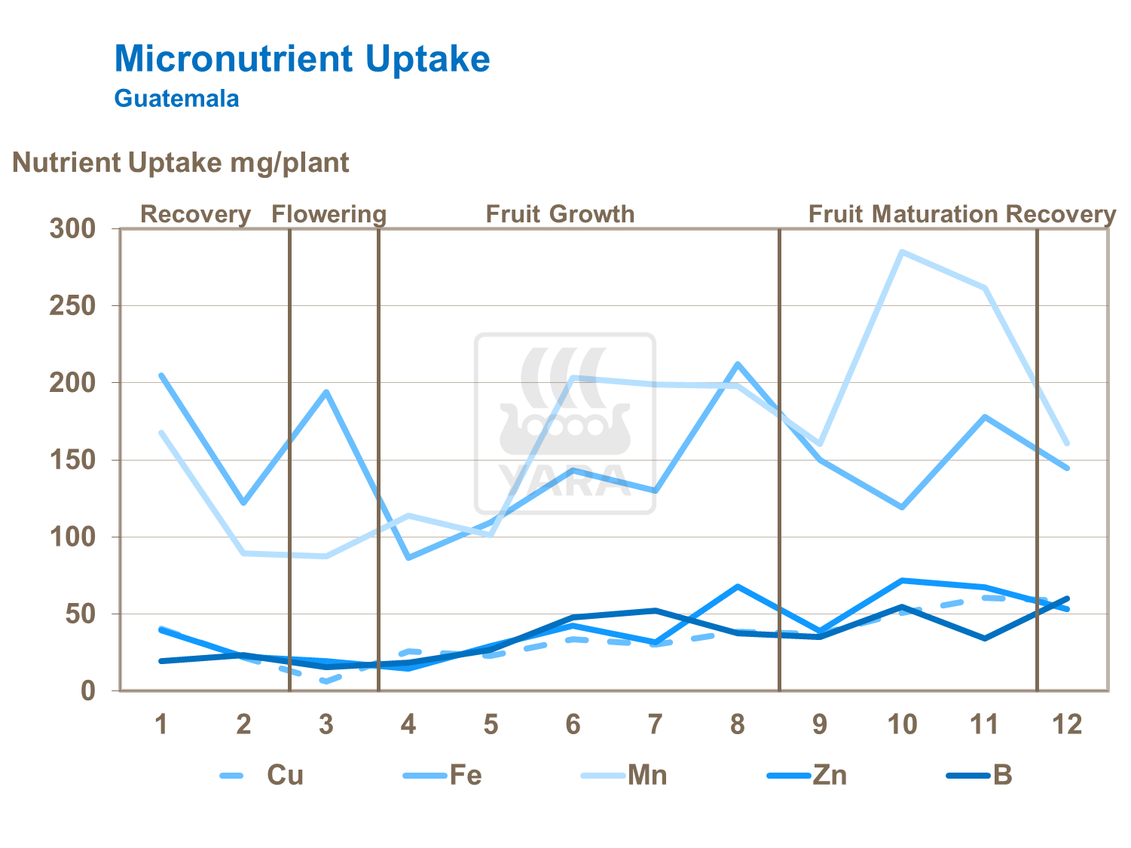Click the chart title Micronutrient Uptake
(302, 59)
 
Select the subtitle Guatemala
(176, 99)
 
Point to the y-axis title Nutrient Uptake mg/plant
(180, 163)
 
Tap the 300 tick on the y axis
(72, 228)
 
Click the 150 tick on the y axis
(72, 460)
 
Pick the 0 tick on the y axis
(88, 690)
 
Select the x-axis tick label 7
(655, 724)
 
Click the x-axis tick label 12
(1066, 724)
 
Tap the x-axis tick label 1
(160, 724)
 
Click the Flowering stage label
(329, 214)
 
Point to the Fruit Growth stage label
(560, 214)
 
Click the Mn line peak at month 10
(902, 252)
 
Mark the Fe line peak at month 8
(738, 364)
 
